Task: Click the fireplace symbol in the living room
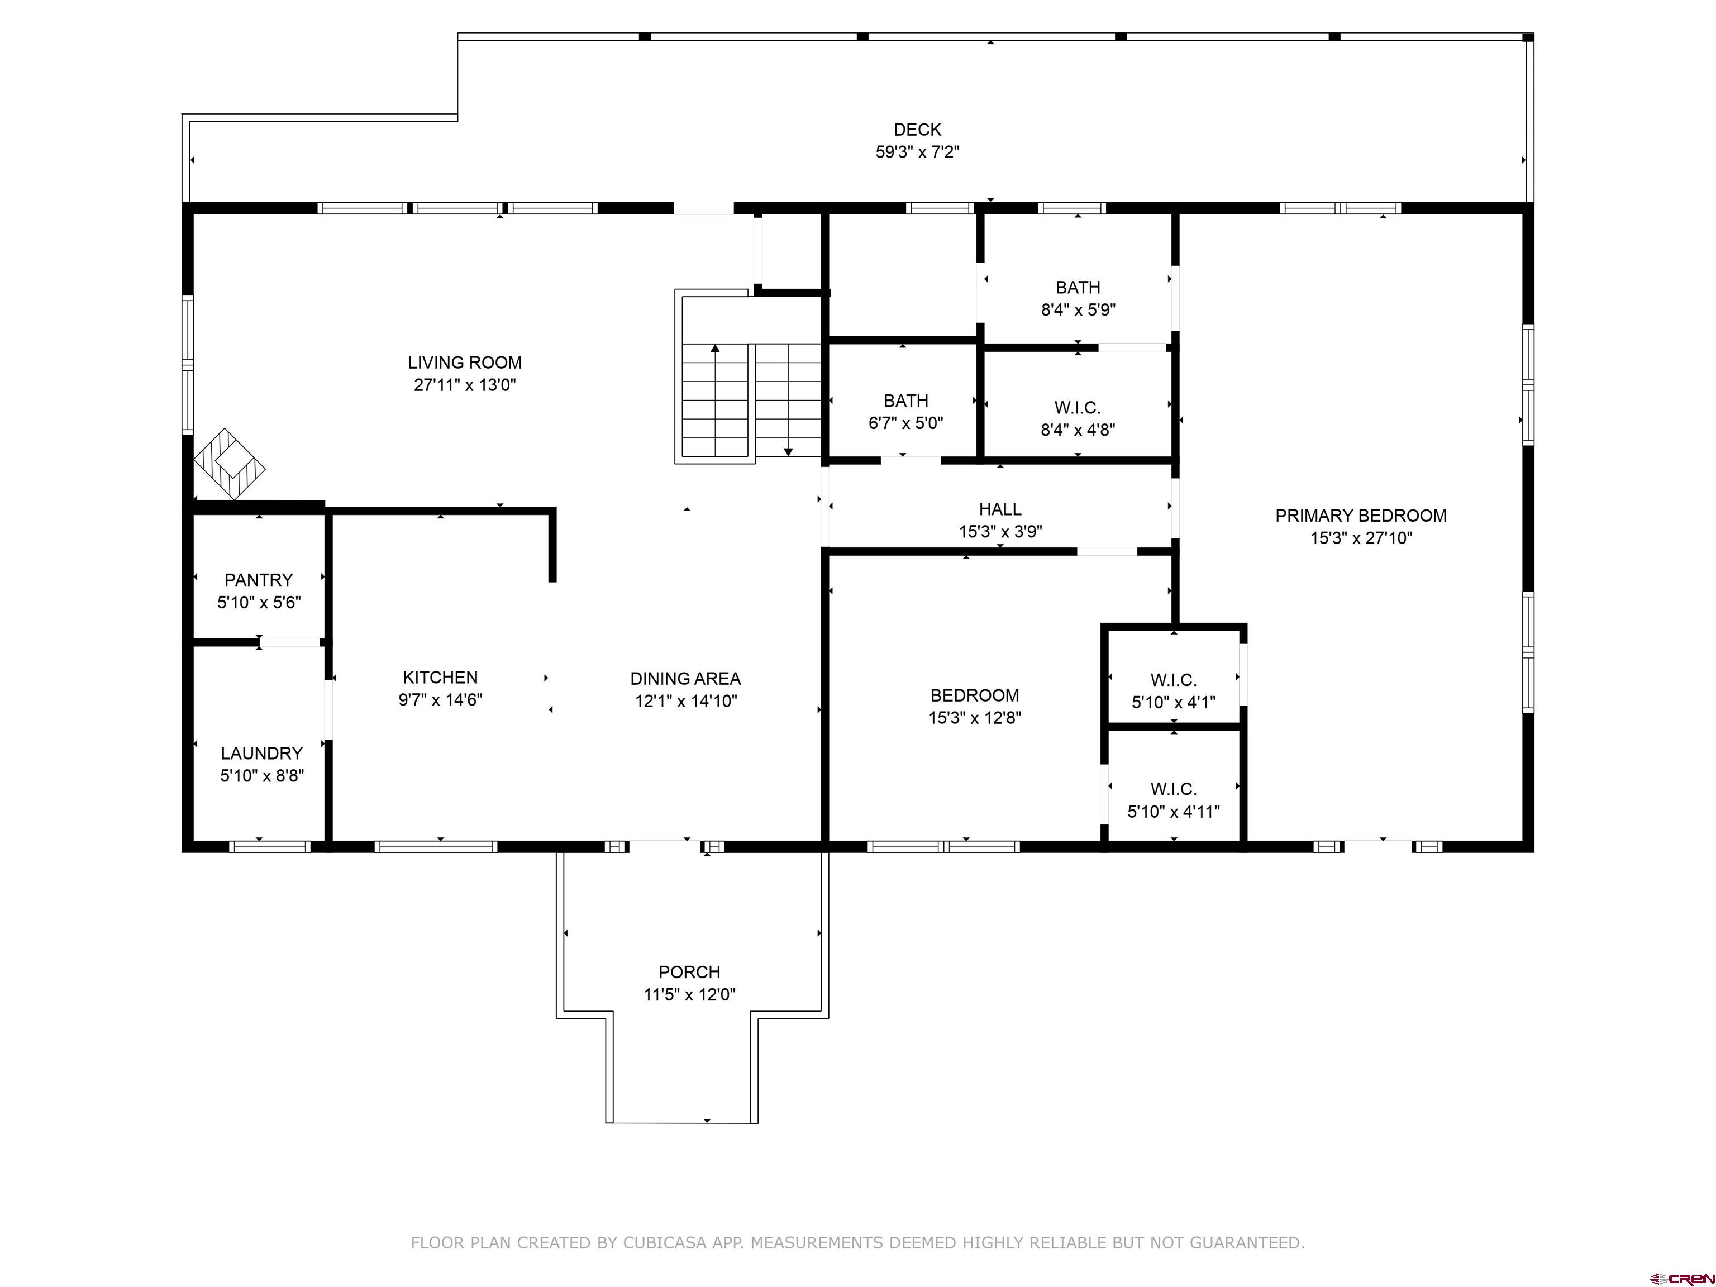click(x=230, y=464)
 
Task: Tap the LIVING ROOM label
click(x=465, y=363)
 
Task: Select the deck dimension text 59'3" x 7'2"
click(x=917, y=152)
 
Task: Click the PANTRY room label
click(x=258, y=580)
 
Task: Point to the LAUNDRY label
click(x=261, y=754)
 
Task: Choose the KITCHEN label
click(x=440, y=677)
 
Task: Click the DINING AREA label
click(x=685, y=679)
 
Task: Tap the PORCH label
click(x=689, y=972)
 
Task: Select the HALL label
click(x=1000, y=509)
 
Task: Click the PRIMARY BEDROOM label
click(x=1361, y=516)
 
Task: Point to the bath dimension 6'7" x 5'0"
click(x=905, y=423)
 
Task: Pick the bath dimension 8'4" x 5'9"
click(x=1078, y=309)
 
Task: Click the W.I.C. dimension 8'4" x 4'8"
click(x=1078, y=430)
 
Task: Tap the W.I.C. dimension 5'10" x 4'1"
click(x=1173, y=703)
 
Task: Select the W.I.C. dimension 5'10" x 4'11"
click(x=1173, y=812)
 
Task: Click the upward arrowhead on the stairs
click(x=715, y=349)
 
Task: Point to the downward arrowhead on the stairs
click(x=788, y=451)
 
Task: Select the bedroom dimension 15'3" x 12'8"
click(x=974, y=718)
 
